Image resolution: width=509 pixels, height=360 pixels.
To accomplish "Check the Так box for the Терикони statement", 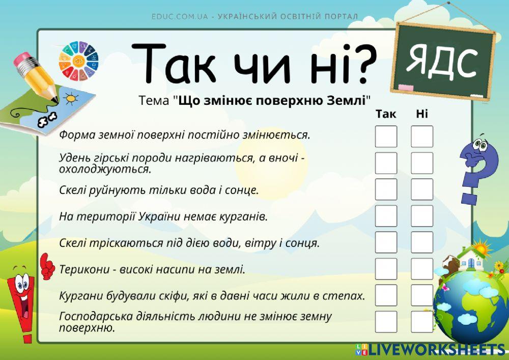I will click(386, 268).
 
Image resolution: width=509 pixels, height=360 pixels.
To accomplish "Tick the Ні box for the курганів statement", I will click(422, 215).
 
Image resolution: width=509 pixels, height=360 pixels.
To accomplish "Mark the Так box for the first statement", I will click(386, 136).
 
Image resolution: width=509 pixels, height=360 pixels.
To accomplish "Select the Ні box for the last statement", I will click(422, 321).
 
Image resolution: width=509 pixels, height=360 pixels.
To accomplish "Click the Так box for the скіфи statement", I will click(386, 295).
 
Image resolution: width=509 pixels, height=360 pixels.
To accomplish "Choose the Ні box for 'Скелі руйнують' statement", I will click(422, 189).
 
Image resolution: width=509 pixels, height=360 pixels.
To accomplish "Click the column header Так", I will click(385, 113).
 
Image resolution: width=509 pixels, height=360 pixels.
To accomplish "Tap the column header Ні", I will click(422, 113).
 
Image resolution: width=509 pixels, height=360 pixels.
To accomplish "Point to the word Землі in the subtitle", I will click(348, 99).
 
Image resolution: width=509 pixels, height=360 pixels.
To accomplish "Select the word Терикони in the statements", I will click(79, 269).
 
